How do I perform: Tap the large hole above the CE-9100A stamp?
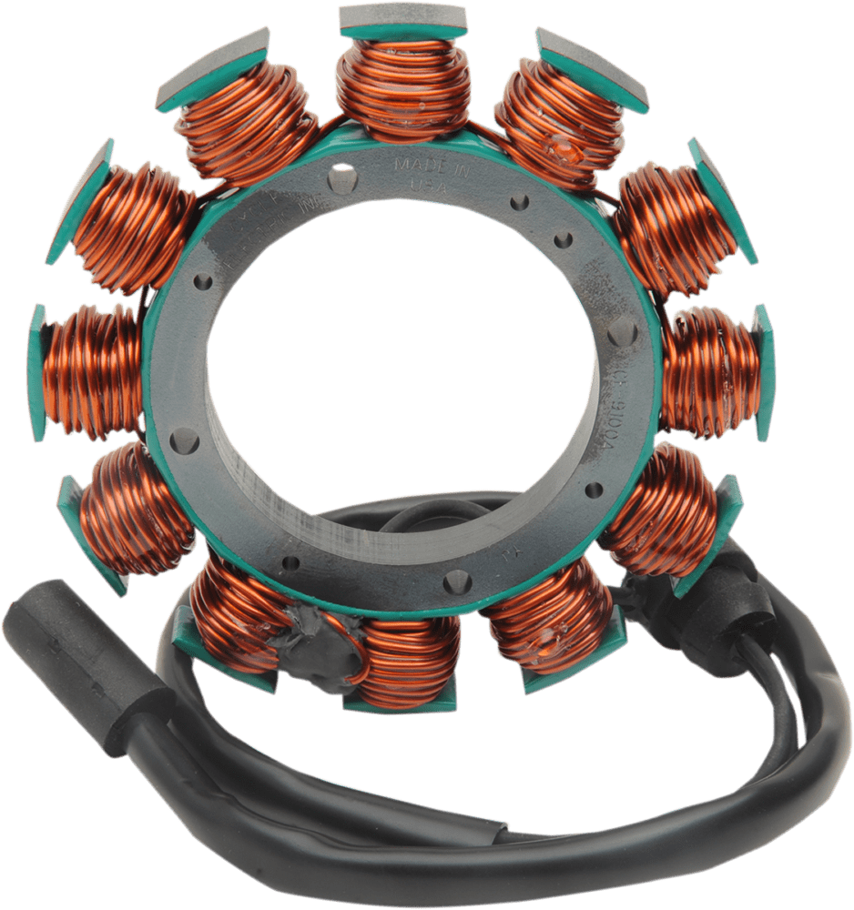(622, 329)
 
